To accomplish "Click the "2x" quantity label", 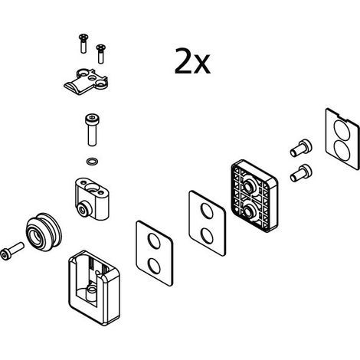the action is [192, 61].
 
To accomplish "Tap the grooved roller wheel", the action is [44, 232].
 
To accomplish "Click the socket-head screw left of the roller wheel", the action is [12, 251].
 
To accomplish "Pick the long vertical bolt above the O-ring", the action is [92, 129].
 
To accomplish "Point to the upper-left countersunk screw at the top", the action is [83, 44].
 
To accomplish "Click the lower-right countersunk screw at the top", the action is [101, 54].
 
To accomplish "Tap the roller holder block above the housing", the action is [92, 199].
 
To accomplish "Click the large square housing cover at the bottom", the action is [94, 288].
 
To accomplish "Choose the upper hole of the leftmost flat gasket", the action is [155, 241].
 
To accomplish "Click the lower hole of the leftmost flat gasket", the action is [155, 266].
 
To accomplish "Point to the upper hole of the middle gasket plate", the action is [207, 211].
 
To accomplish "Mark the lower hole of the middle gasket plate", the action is [207, 235].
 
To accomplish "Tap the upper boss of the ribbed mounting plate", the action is [247, 185].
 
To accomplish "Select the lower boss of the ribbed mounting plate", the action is [247, 211].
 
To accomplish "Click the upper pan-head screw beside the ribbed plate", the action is [301, 148].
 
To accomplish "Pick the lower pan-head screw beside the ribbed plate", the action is [301, 173].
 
